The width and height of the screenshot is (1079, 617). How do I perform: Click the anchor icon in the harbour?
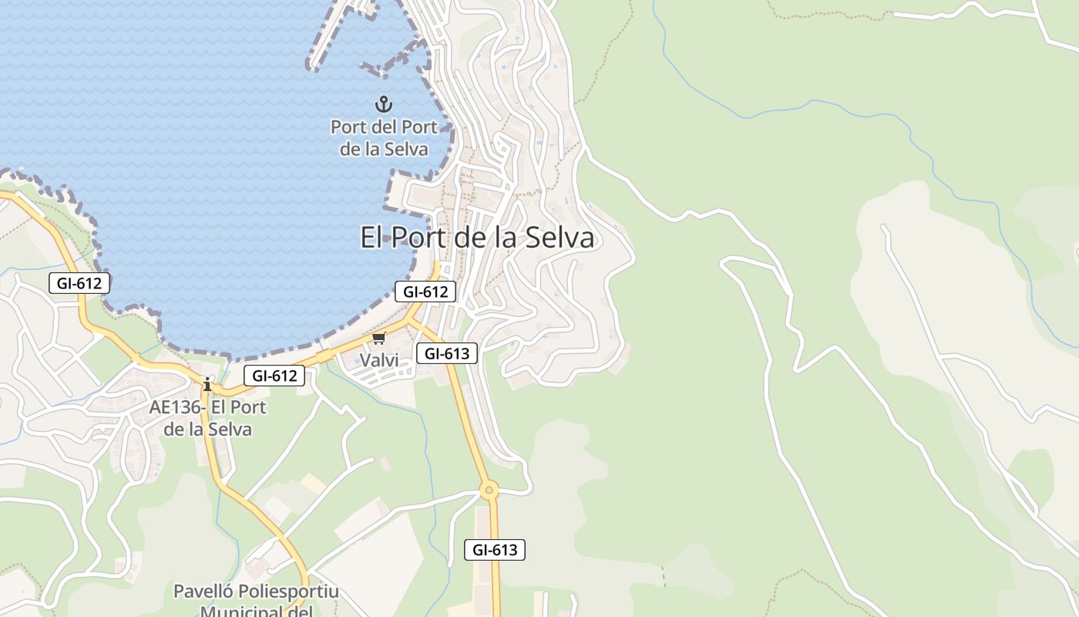click(x=383, y=103)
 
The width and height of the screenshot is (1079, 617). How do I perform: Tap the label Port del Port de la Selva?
click(x=384, y=138)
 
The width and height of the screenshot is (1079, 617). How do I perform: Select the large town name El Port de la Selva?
click(x=477, y=237)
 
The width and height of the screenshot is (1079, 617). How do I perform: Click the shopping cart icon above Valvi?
click(x=378, y=339)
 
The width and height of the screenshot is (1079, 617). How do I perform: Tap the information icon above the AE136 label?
click(x=207, y=384)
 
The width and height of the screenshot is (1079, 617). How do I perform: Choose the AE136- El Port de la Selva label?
click(x=207, y=418)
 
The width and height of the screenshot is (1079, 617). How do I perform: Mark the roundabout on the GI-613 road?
click(x=489, y=489)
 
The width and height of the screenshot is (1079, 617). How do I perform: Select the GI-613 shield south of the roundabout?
click(x=495, y=550)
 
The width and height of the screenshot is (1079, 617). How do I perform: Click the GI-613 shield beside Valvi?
click(x=447, y=353)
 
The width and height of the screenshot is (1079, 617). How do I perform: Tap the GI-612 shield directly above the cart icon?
click(x=425, y=292)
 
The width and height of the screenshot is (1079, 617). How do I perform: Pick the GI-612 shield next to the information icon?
click(x=274, y=376)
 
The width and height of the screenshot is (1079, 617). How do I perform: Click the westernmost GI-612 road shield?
click(x=79, y=283)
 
